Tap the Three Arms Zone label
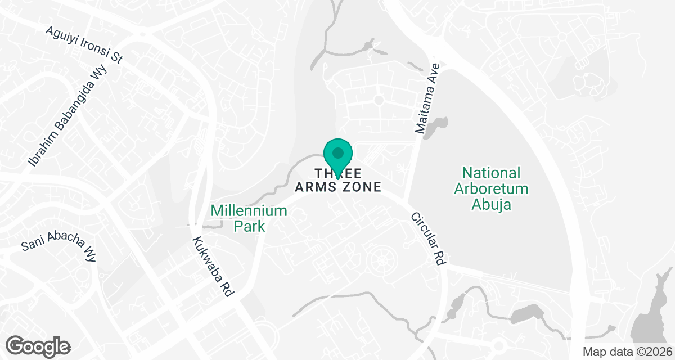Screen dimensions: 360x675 pyautogui.click(x=339, y=179)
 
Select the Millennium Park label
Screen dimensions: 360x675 pyautogui.click(x=249, y=218)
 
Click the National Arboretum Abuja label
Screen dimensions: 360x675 pyautogui.click(x=492, y=188)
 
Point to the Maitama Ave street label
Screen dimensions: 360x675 pyautogui.click(x=427, y=98)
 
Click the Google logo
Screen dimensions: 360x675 pyautogui.click(x=38, y=345)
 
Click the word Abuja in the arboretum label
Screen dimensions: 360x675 pyautogui.click(x=492, y=204)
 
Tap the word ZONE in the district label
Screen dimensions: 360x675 pyautogui.click(x=361, y=186)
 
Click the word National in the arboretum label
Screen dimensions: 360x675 pyautogui.click(x=492, y=173)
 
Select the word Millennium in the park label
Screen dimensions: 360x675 pyautogui.click(x=249, y=211)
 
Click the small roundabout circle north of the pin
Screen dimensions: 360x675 pyautogui.click(x=379, y=100)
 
